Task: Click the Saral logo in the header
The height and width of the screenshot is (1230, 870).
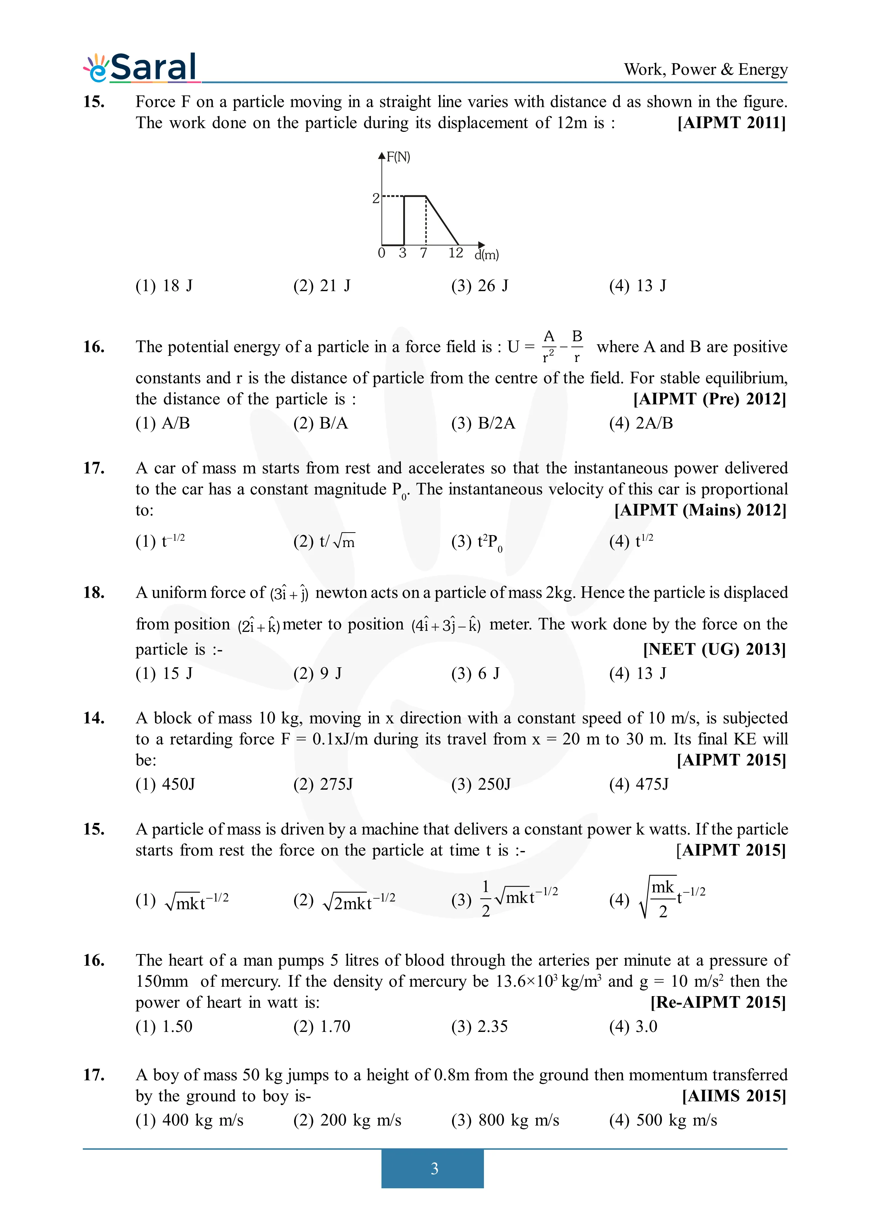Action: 141,68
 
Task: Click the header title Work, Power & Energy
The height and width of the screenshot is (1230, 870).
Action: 705,70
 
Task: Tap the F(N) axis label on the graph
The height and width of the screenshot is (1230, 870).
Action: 398,157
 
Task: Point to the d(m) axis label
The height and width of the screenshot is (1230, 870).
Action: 486,255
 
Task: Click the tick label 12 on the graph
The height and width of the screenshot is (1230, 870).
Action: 456,253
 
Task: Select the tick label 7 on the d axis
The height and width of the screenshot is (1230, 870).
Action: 424,253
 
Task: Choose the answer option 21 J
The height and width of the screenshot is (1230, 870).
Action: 321,285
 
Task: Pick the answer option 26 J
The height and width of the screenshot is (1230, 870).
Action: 480,285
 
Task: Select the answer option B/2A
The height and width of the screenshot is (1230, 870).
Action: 483,423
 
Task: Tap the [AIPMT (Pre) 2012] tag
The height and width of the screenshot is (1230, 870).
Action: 710,399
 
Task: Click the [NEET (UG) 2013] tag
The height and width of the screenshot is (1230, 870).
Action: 715,649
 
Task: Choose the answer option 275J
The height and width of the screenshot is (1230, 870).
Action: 323,784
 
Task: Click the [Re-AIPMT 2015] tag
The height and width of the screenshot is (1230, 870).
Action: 718,1002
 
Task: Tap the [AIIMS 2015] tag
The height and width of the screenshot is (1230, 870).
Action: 734,1096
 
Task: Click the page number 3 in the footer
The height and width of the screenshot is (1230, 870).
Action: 434,1168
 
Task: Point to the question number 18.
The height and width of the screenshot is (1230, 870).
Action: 94,593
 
